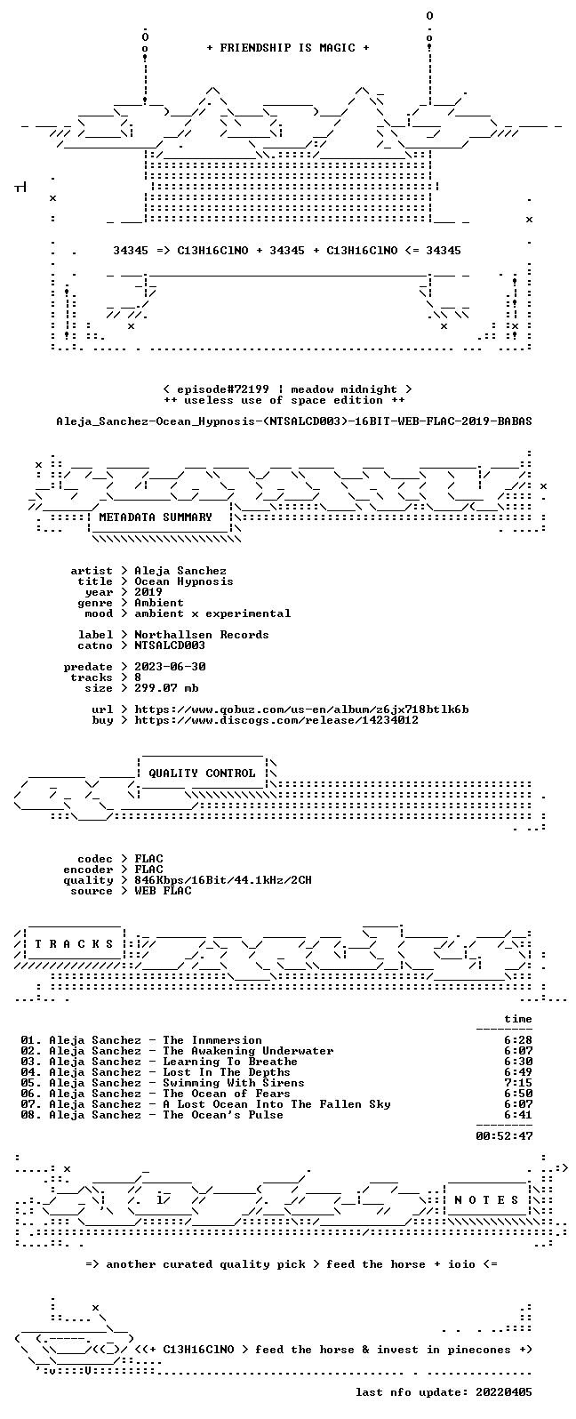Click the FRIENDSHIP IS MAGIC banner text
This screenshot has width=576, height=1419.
point(288,48)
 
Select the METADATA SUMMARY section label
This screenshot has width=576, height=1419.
point(156,517)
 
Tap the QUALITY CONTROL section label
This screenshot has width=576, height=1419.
point(202,774)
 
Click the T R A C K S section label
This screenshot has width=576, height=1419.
point(74,944)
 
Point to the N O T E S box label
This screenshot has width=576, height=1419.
point(486,1200)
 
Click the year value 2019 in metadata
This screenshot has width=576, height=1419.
point(148,592)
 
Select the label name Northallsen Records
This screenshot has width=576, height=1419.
point(202,635)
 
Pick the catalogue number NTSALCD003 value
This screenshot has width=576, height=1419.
point(170,645)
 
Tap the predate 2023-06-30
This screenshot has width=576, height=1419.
point(170,667)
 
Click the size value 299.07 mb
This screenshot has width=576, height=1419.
point(166,688)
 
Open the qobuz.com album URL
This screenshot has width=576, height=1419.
point(301,709)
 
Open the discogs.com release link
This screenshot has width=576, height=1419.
point(276,720)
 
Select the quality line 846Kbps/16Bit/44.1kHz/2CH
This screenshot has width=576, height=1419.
point(223,880)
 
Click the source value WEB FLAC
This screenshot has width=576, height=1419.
point(163,891)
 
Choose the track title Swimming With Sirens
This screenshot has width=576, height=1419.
point(234,1083)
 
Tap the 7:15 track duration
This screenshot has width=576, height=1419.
point(518,1083)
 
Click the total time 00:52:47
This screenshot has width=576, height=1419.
point(504,1136)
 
